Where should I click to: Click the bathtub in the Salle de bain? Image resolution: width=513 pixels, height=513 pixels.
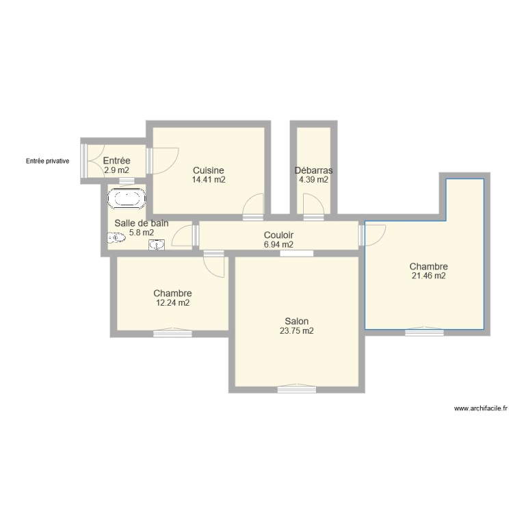pos(127,200)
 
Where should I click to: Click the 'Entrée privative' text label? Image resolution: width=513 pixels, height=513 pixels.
pos(47,161)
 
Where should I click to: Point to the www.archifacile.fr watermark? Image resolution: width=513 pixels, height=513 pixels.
pos(481,408)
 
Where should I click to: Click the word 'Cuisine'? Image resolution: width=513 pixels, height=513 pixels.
pos(209,170)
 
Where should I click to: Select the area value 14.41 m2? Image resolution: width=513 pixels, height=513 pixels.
pos(209,180)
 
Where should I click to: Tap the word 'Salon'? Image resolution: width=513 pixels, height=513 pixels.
pos(297,321)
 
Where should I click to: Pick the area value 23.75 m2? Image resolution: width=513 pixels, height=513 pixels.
pos(297,331)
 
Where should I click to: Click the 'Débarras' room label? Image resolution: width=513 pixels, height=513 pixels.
pos(313,170)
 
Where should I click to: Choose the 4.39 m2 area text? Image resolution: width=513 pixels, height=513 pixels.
pos(313,180)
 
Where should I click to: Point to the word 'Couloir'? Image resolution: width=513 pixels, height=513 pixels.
pos(278,235)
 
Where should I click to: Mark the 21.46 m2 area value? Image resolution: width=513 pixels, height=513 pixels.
pos(428,276)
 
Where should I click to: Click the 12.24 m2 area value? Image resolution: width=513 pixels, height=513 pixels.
pos(172,303)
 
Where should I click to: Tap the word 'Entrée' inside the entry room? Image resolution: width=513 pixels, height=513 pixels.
pos(116,161)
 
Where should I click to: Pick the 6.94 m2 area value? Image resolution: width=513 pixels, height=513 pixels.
pos(278,244)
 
